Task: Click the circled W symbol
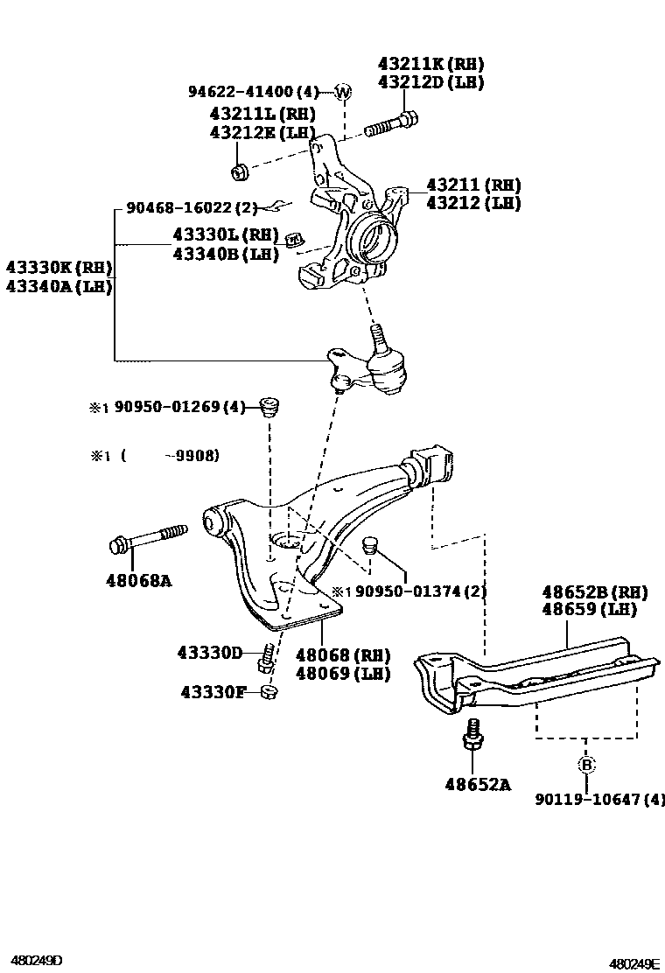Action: click(x=343, y=92)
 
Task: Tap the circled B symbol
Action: click(x=586, y=765)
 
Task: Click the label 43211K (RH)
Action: click(x=430, y=65)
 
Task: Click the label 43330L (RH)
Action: click(x=225, y=235)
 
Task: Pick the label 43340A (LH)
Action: click(x=59, y=286)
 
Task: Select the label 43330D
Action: click(x=209, y=653)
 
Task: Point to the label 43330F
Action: click(x=209, y=692)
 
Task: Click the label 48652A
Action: click(x=477, y=785)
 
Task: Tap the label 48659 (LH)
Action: click(x=588, y=609)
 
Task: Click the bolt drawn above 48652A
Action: click(x=472, y=735)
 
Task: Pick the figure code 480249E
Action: click(x=634, y=963)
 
